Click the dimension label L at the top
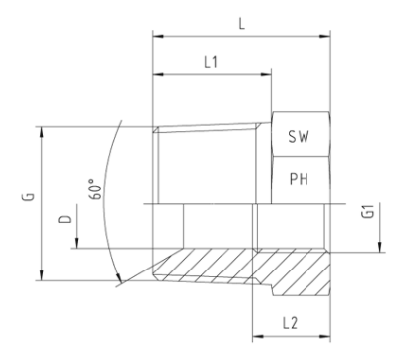[242, 24]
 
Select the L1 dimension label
[211, 62]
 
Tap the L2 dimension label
[290, 323]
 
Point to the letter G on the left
[29, 196]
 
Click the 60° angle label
[95, 189]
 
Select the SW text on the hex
[299, 136]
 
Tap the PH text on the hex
[299, 179]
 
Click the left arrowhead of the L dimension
[159, 36]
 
